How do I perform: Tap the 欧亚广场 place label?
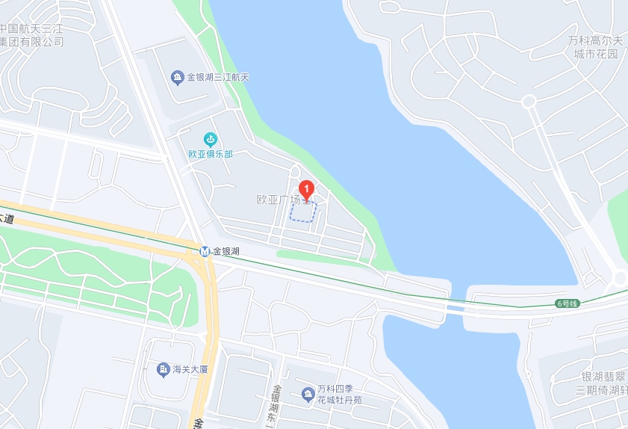[278, 200]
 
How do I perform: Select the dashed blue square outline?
[303, 212]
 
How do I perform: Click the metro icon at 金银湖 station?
[205, 251]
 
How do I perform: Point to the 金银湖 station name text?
[226, 251]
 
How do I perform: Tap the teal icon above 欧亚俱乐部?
[211, 139]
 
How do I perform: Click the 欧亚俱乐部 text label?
[211, 154]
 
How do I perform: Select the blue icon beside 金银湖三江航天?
[177, 77]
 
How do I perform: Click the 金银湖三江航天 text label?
[217, 77]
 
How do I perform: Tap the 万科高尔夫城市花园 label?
[596, 46]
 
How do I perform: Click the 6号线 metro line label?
[568, 303]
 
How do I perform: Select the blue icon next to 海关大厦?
[163, 369]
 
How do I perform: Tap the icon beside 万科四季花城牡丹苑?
[307, 394]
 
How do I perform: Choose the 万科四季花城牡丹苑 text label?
[339, 394]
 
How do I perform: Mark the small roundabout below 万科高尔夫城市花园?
[529, 101]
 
